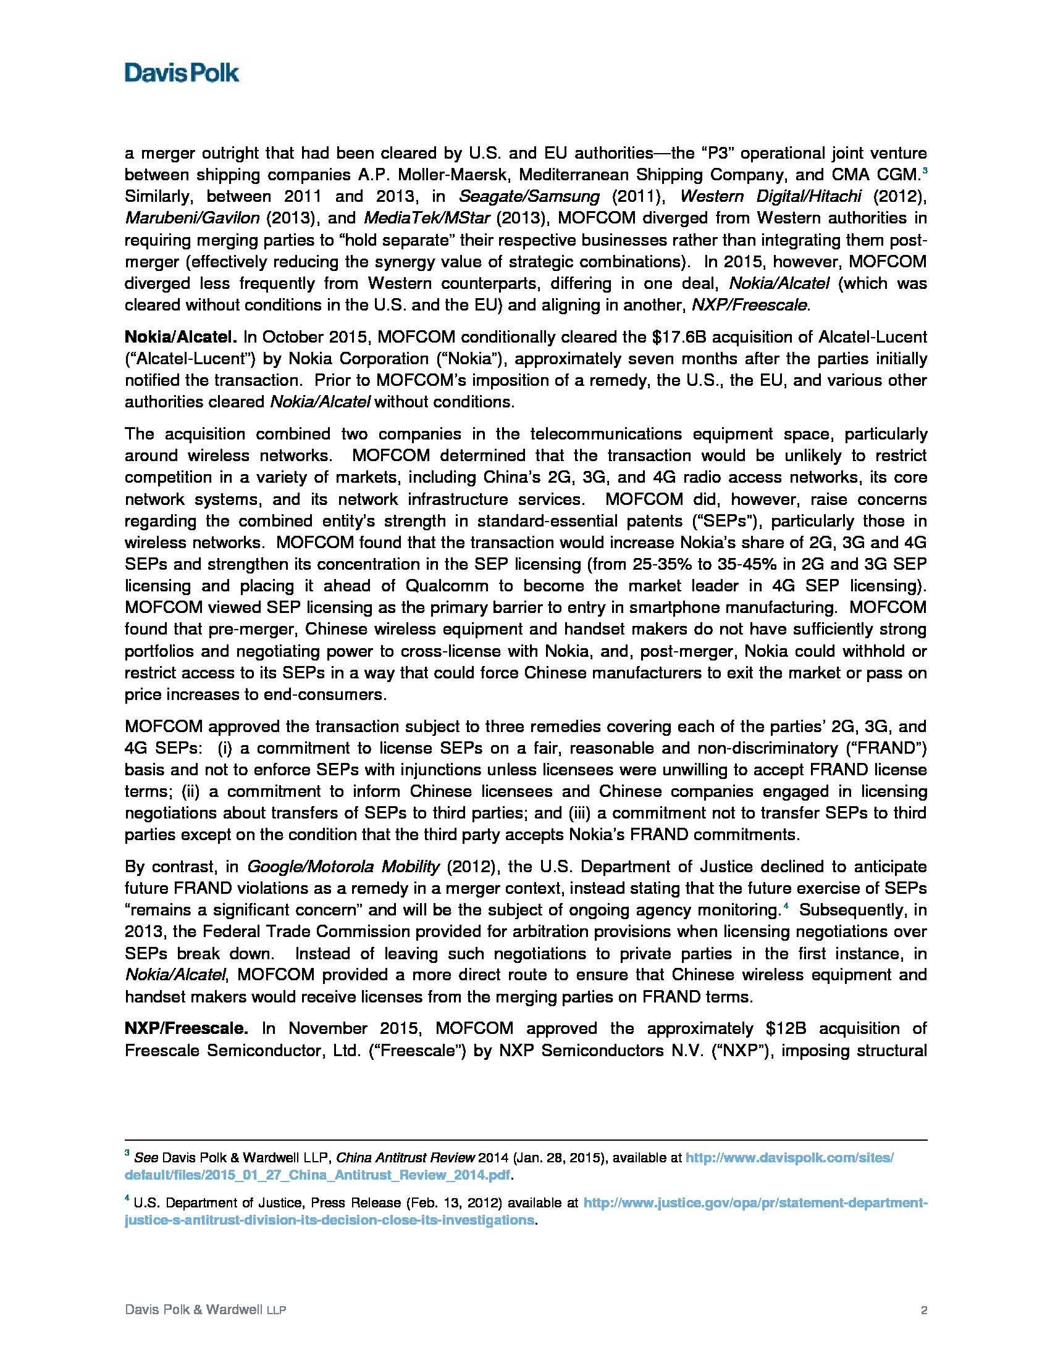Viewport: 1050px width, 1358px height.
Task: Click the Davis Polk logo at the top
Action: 181,73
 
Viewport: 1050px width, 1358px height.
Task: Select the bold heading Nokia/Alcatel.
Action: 180,337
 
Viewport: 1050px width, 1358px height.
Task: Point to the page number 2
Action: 924,1310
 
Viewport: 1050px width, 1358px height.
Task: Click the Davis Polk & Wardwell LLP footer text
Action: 205,1310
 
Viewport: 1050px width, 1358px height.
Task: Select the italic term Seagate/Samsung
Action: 529,196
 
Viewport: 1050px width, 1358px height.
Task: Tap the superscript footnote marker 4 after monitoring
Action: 786,907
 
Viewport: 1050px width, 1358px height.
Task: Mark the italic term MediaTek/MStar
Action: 427,219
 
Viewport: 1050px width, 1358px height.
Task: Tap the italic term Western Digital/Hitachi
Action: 771,196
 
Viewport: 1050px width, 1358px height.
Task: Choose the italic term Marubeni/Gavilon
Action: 192,219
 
